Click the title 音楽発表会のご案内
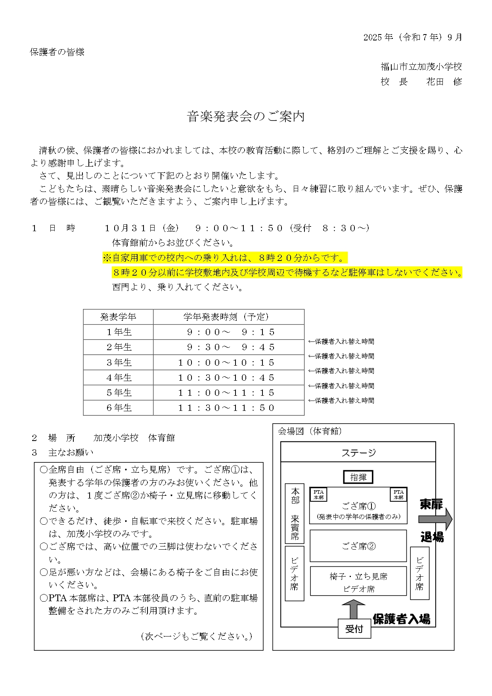pyautogui.click(x=246, y=117)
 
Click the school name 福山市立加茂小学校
pyautogui.click(x=421, y=67)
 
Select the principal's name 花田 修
pyautogui.click(x=444, y=82)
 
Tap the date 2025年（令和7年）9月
pyautogui.click(x=412, y=37)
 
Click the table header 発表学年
pyautogui.click(x=118, y=317)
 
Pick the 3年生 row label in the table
pyautogui.click(x=118, y=362)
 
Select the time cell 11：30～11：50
pyautogui.click(x=226, y=408)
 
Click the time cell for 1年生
pyautogui.click(x=230, y=332)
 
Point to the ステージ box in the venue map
pyautogui.click(x=358, y=452)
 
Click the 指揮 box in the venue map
pyautogui.click(x=358, y=477)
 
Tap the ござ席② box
pyautogui.click(x=358, y=546)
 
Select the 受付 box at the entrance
pyautogui.click(x=354, y=629)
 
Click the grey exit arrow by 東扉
pyautogui.click(x=435, y=519)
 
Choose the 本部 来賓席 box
pyautogui.click(x=295, y=513)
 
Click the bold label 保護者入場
pyautogui.click(x=401, y=619)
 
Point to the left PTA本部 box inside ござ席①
pyautogui.click(x=318, y=495)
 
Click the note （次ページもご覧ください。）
pyautogui.click(x=197, y=637)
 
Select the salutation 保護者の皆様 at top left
pyautogui.click(x=57, y=52)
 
